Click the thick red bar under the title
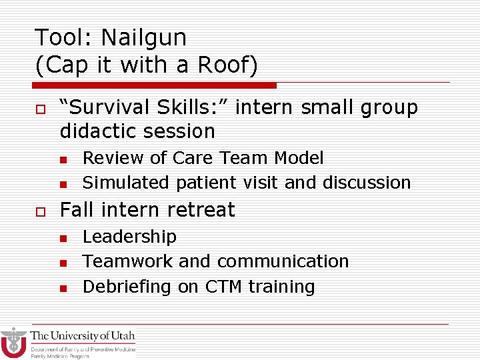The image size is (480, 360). tap(155, 85)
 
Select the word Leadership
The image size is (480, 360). tap(129, 237)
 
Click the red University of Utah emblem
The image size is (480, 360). tap(13, 343)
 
